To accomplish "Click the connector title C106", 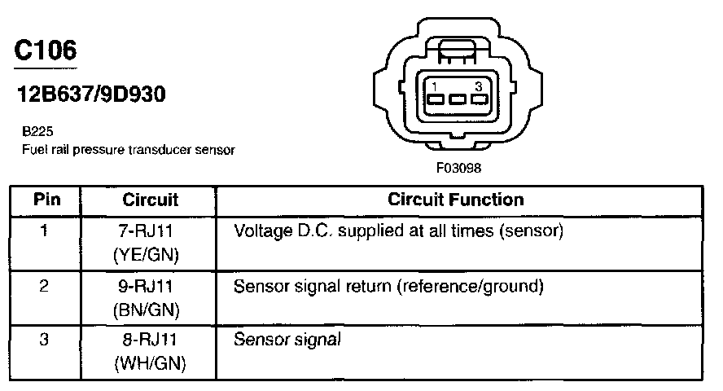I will tap(46, 51).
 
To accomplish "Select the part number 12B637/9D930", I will tap(91, 94).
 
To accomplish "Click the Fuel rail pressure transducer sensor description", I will tap(128, 150).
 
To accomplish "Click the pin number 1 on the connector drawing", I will tap(436, 86).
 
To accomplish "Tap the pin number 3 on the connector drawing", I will tap(479, 86).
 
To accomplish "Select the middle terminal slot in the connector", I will tap(458, 101).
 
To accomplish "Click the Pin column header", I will tap(45, 200).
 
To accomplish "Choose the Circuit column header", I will tap(150, 200).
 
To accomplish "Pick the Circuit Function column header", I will tap(456, 200).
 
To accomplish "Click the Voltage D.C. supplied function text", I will tap(398, 231).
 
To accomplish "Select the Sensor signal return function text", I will tap(388, 287).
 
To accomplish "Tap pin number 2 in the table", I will tap(44, 287).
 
